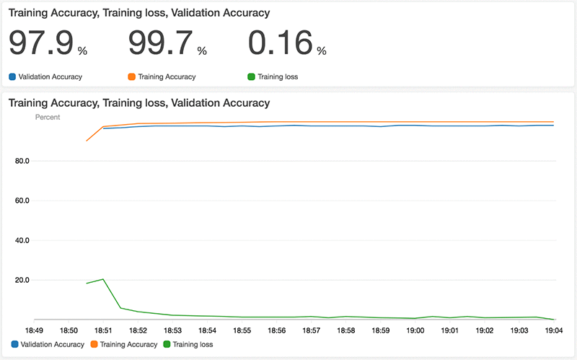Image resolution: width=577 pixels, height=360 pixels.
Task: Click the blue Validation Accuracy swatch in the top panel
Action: (x=12, y=76)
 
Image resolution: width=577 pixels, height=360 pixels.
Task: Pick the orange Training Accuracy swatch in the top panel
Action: (x=131, y=76)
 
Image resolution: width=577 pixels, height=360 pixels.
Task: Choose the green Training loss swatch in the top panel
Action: (x=250, y=76)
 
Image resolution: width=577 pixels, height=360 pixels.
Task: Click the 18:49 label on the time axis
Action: (x=34, y=330)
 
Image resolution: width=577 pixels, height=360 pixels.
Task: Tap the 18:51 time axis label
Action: (x=103, y=330)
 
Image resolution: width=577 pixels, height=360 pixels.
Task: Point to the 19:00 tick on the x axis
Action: (x=415, y=330)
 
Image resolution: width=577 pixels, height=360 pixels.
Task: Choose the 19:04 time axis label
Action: (x=554, y=330)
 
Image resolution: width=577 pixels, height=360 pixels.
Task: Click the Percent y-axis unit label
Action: (x=48, y=117)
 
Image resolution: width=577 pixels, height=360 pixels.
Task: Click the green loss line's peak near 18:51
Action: (x=104, y=279)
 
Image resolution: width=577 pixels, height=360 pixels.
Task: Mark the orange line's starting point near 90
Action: (x=87, y=141)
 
